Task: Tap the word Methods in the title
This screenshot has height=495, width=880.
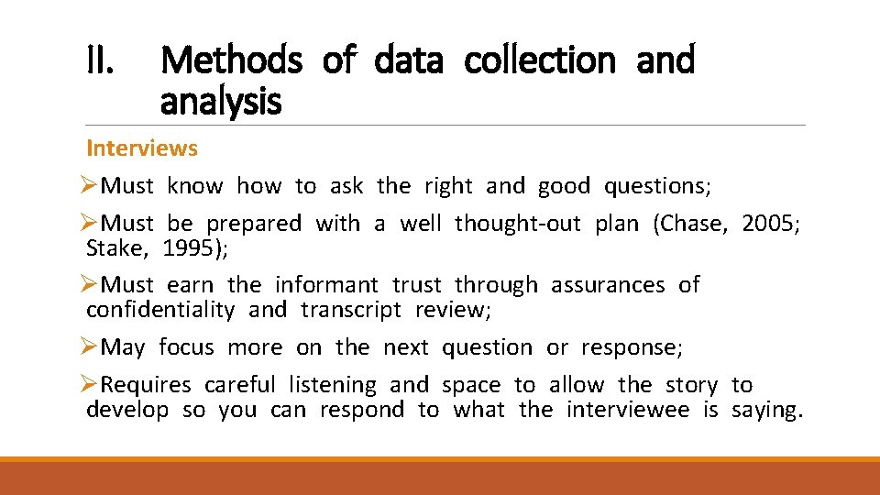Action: [230, 61]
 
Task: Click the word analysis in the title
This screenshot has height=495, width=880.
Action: [220, 102]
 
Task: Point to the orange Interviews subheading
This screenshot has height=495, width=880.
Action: [141, 148]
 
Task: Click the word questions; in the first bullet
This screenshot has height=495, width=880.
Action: [656, 186]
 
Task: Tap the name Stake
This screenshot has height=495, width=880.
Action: [116, 247]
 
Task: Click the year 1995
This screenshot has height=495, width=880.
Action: [202, 247]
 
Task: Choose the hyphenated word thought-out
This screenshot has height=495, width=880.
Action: [517, 224]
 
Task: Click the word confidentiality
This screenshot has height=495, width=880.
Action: [159, 310]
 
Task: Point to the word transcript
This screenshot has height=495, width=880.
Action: [350, 310]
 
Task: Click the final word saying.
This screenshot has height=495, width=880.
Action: [767, 410]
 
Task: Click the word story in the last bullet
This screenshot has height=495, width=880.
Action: [691, 385]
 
